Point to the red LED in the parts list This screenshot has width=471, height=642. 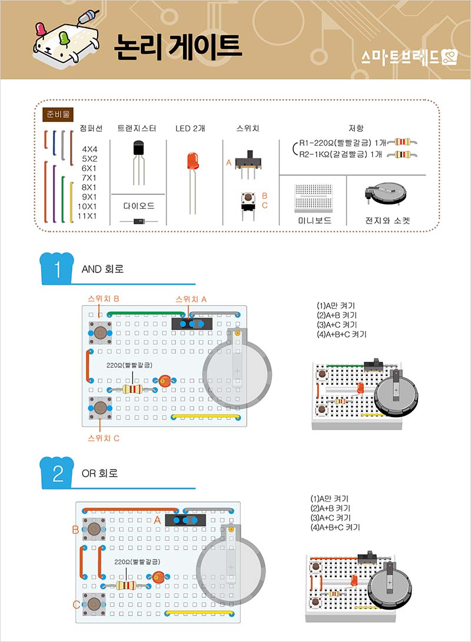point(192,162)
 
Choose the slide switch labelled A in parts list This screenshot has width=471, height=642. point(249,161)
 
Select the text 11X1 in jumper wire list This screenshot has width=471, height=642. point(87,216)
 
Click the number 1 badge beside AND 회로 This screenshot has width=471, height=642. point(58,268)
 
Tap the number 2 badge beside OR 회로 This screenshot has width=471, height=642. point(58,473)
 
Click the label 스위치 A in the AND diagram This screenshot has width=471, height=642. point(191,299)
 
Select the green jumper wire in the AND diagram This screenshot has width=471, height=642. point(141,313)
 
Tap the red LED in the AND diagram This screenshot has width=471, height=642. point(165,382)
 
